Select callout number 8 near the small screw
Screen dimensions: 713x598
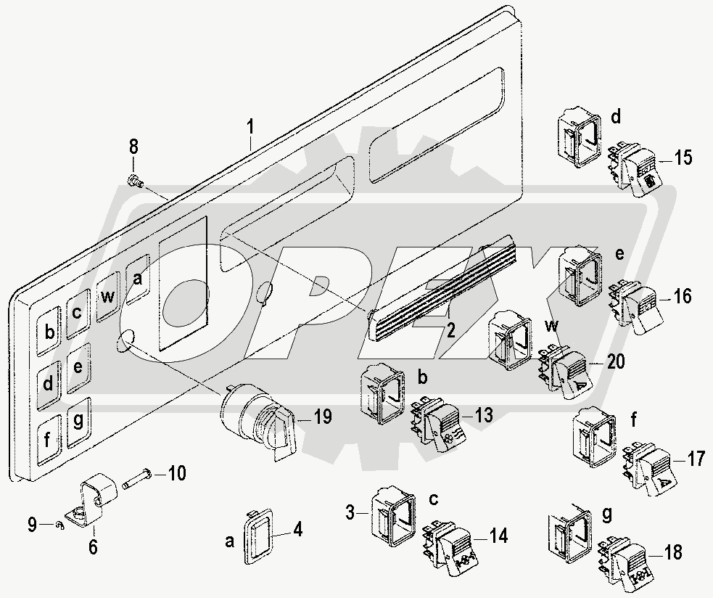click(x=133, y=147)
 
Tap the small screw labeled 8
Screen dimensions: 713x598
click(x=135, y=181)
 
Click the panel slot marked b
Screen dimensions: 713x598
click(x=49, y=331)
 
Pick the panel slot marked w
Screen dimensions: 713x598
click(x=108, y=297)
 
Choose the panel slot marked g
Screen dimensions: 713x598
click(x=79, y=423)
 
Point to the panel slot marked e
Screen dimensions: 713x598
click(x=78, y=368)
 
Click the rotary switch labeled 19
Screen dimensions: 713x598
click(x=258, y=421)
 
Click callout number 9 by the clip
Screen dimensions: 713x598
click(x=32, y=525)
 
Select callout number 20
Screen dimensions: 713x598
click(x=616, y=361)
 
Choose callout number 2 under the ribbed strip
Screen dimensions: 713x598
click(x=450, y=331)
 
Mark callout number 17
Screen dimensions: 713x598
click(x=696, y=459)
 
